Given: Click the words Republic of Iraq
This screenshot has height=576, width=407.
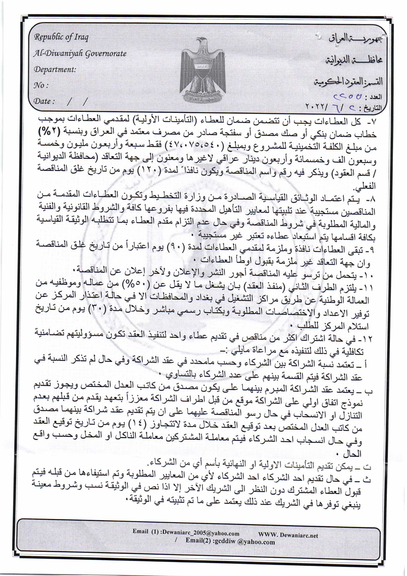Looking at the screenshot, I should [x=62, y=37].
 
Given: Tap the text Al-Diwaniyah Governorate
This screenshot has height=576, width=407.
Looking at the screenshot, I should [x=80, y=53].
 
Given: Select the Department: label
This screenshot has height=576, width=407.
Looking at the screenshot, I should [x=55, y=69].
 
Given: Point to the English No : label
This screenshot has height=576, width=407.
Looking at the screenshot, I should [x=41, y=85].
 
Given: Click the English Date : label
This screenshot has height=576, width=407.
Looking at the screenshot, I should [x=44, y=101].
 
